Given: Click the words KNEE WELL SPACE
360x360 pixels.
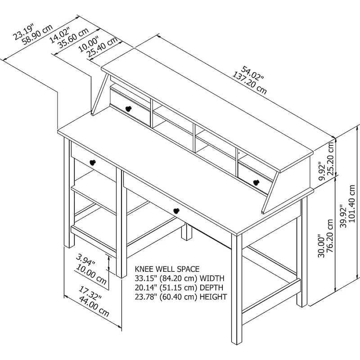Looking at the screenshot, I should (x=167, y=269).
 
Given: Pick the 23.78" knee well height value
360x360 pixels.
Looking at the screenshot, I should (x=146, y=297).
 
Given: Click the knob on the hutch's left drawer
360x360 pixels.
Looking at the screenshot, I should (x=129, y=108).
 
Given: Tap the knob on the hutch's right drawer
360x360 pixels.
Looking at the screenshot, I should (x=257, y=182).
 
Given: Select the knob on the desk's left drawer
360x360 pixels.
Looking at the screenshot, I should (x=94, y=162).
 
